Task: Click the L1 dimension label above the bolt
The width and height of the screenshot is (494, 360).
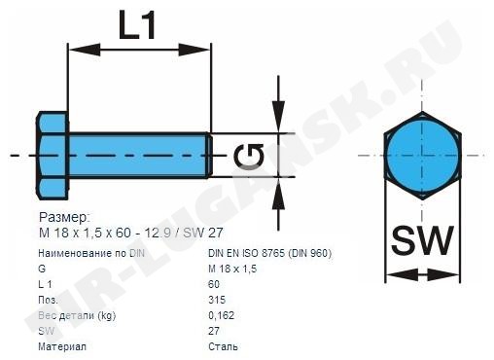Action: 137,24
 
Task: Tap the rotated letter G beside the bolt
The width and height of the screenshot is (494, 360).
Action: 249,158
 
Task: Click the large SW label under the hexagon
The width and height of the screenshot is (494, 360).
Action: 421,240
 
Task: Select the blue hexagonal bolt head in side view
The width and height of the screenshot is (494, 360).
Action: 53,156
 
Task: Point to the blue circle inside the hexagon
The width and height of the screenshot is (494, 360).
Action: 422,156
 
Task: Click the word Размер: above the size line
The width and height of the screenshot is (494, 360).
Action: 63,217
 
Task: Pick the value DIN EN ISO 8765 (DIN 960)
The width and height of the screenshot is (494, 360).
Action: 270,253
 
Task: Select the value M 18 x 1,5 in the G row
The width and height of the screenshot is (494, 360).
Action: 232,269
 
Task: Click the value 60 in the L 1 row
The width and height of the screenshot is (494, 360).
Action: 214,284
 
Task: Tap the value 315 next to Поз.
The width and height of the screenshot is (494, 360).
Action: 217,300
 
